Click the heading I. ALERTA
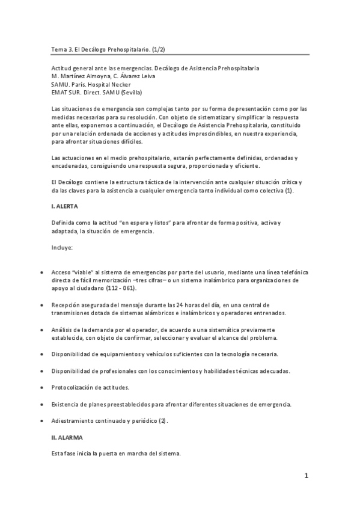tap(65, 206)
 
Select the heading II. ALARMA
tap(67, 437)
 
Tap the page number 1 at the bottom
tap(306, 476)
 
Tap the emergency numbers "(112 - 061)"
tap(121, 288)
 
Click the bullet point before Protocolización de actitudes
tap(40, 387)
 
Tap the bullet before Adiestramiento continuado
tap(40, 420)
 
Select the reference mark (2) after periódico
tap(163, 420)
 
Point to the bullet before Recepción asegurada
tap(40, 305)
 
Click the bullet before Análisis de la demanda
tap(40, 330)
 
